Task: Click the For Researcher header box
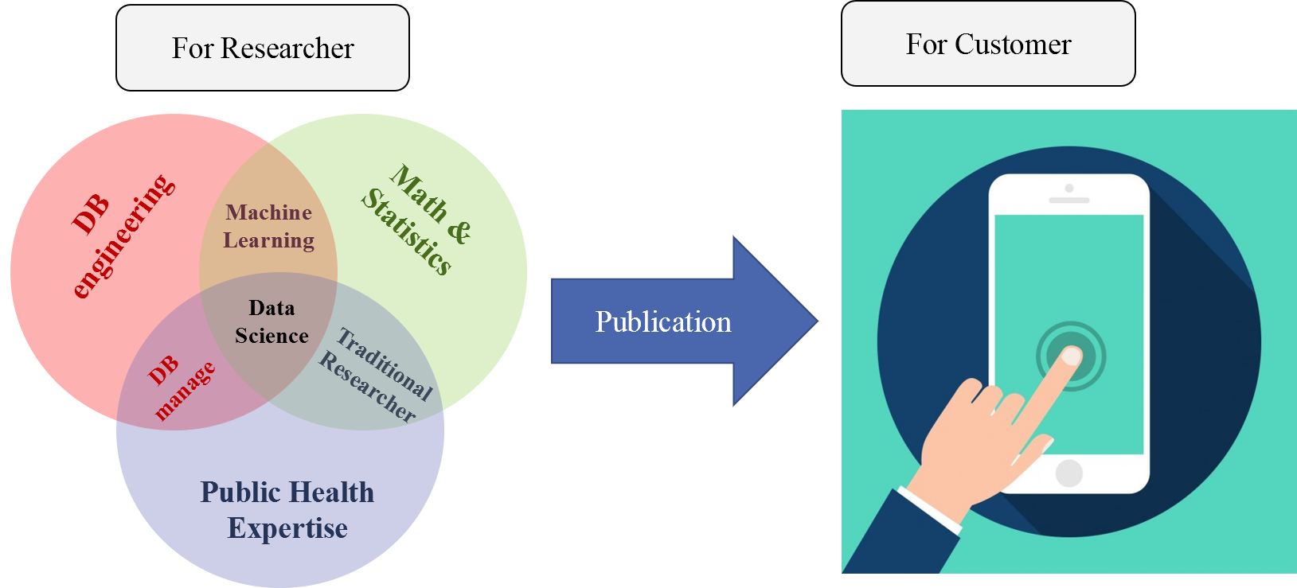(x=262, y=48)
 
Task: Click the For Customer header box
(x=987, y=44)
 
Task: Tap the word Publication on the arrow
(x=662, y=322)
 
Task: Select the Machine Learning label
(x=269, y=227)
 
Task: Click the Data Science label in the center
(x=272, y=321)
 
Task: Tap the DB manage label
(x=180, y=386)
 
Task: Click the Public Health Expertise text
(x=287, y=510)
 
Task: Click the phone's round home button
(x=1068, y=473)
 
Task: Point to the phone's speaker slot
(x=1068, y=201)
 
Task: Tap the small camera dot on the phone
(x=1068, y=189)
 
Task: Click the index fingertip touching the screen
(x=1071, y=356)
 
